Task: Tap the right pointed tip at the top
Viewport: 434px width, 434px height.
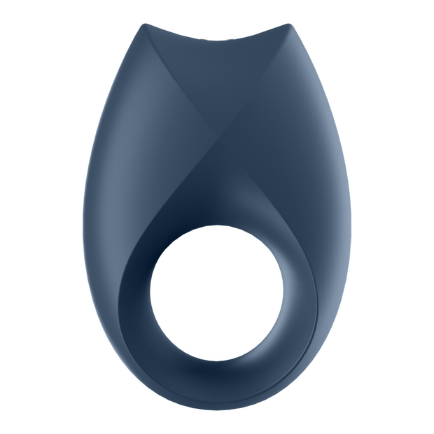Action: click(289, 25)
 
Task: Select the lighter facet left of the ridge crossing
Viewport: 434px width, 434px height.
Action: click(161, 140)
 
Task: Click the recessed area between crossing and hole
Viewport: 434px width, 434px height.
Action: click(213, 203)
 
